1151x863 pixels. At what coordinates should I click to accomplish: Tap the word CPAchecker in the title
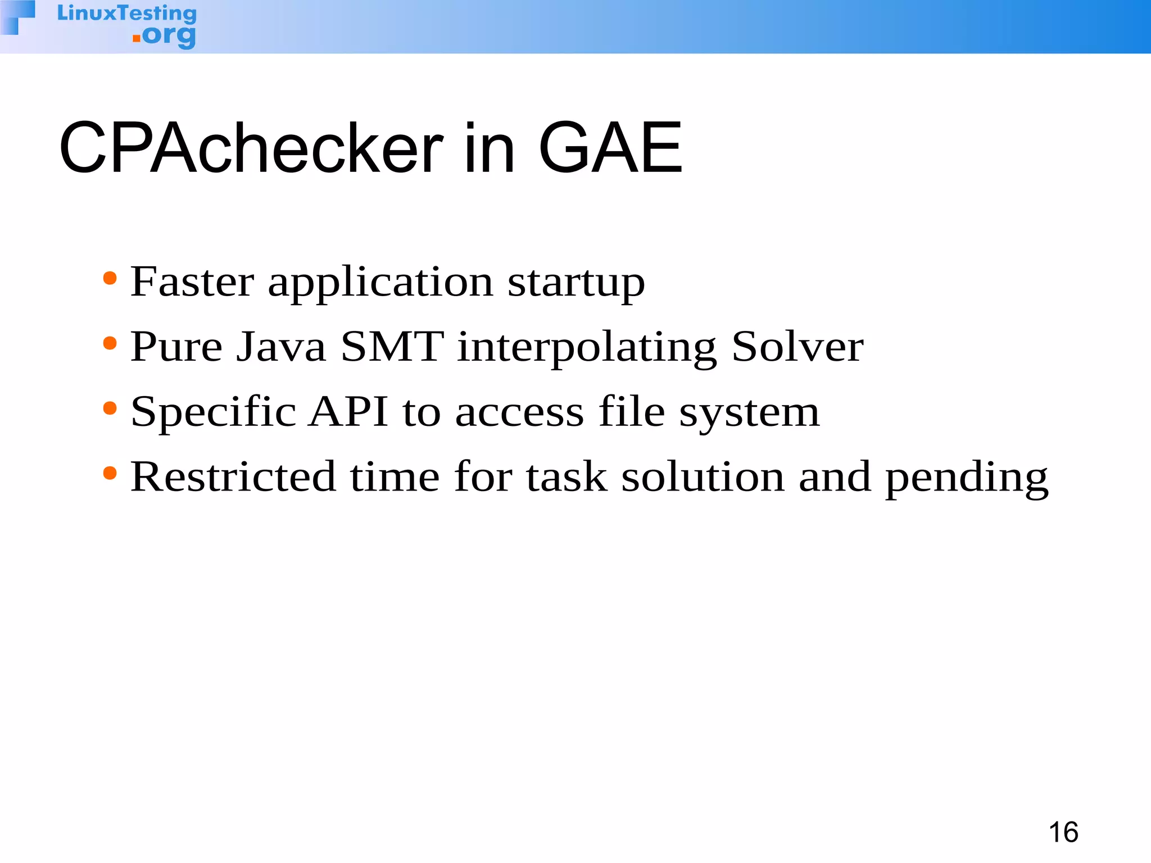point(251,148)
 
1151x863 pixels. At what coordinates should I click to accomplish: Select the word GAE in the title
point(610,148)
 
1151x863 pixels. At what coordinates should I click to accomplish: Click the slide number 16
point(1063,832)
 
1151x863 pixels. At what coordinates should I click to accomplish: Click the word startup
point(576,283)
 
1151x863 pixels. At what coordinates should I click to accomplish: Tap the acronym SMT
point(392,347)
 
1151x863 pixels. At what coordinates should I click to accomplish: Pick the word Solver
point(797,347)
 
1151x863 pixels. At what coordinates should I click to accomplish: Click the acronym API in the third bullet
point(348,411)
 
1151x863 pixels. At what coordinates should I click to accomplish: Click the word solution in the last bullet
point(703,476)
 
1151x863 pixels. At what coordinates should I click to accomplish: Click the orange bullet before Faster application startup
point(110,278)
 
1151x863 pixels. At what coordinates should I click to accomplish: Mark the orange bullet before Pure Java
point(110,343)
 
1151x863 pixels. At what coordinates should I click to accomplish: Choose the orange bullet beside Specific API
point(110,408)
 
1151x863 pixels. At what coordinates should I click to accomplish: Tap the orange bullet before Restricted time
point(110,474)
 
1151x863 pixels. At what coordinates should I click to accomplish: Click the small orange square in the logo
point(137,39)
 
